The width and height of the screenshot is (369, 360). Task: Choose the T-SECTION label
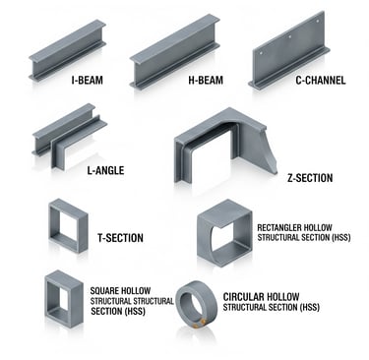[120, 237]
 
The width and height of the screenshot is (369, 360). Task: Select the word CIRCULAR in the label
[247, 296]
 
